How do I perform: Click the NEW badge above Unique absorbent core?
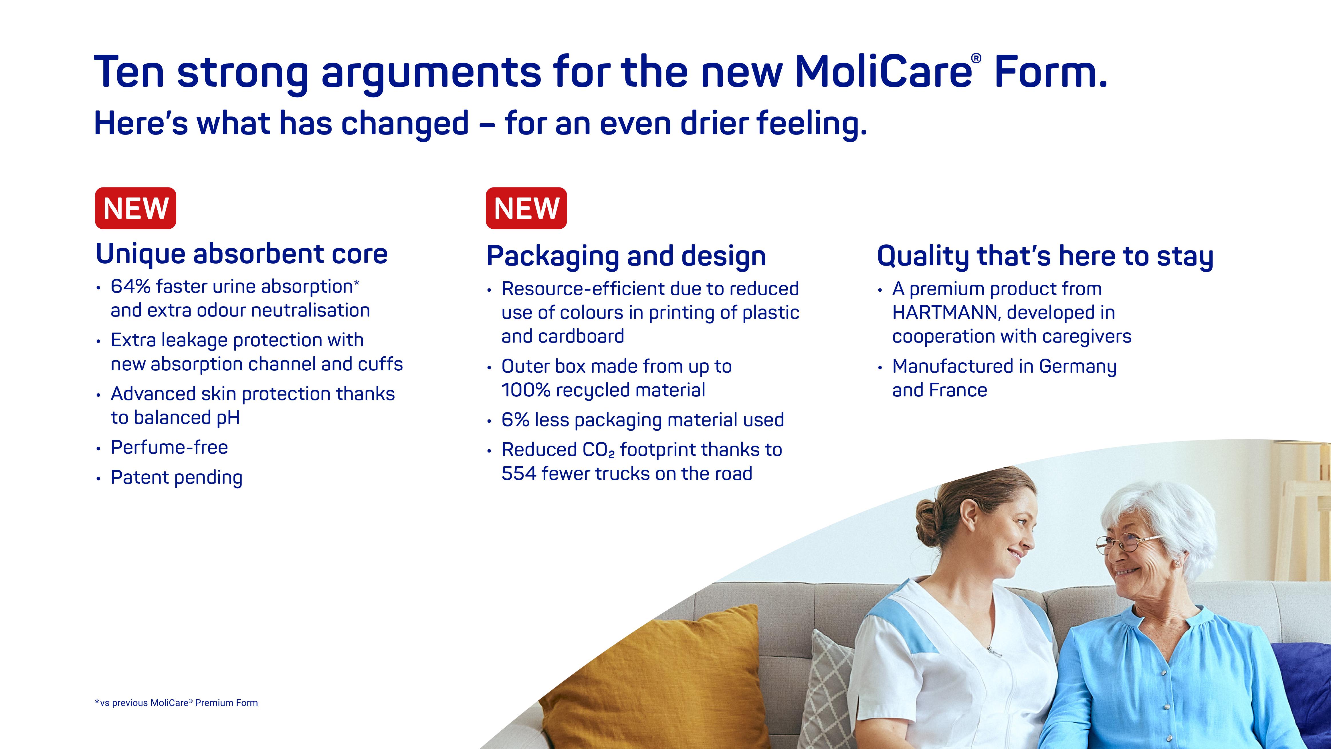point(135,208)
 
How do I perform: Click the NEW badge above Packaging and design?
point(526,208)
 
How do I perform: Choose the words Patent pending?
point(177,478)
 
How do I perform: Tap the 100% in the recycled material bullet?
point(526,390)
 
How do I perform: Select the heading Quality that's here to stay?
point(1045,256)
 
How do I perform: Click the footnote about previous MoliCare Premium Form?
point(176,703)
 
